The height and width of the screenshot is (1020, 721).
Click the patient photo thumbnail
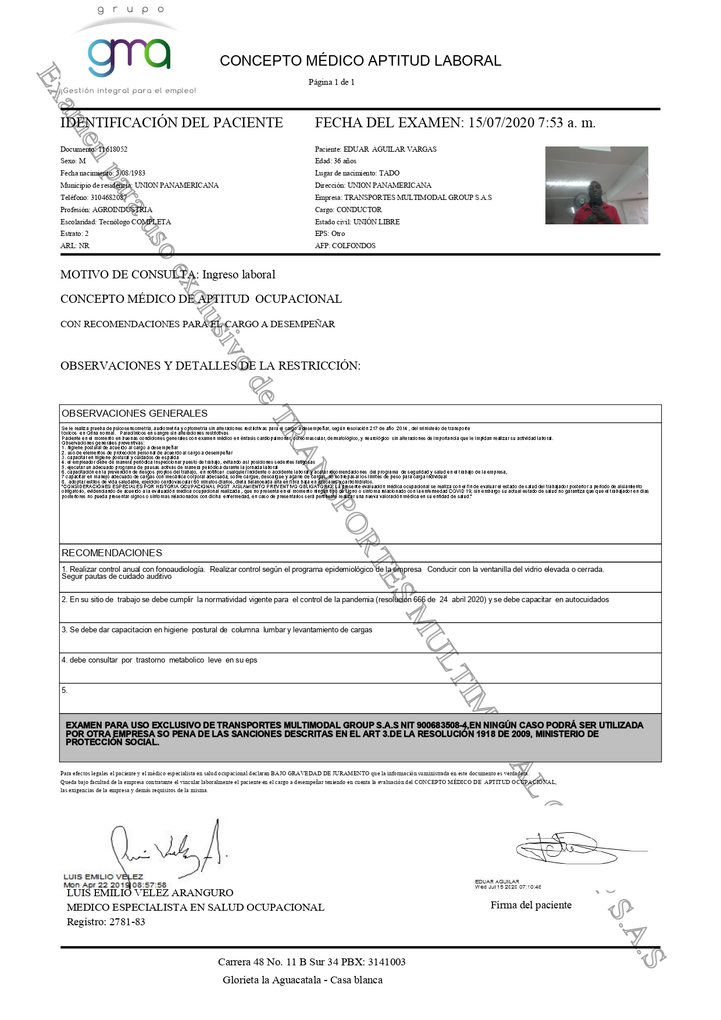click(596, 185)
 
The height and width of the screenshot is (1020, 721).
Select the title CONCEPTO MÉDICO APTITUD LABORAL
click(360, 61)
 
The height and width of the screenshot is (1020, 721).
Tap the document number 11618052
click(113, 149)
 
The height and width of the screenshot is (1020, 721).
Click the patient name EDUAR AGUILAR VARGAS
click(390, 149)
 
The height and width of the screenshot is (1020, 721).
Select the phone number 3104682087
click(108, 198)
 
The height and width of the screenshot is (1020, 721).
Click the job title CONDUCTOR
click(359, 210)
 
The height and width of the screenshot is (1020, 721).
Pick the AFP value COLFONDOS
click(354, 246)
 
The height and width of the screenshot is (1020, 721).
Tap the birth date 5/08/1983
click(130, 173)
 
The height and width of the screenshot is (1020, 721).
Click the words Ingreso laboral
click(238, 274)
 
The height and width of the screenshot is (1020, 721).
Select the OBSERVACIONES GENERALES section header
click(134, 413)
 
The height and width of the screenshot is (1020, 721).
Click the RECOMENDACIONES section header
click(112, 553)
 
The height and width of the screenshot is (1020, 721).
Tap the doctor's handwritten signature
click(169, 849)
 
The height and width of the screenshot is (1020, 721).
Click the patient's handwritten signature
click(567, 848)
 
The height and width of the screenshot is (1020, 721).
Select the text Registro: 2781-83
click(106, 922)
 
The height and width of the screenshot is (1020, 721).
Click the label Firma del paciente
click(531, 905)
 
